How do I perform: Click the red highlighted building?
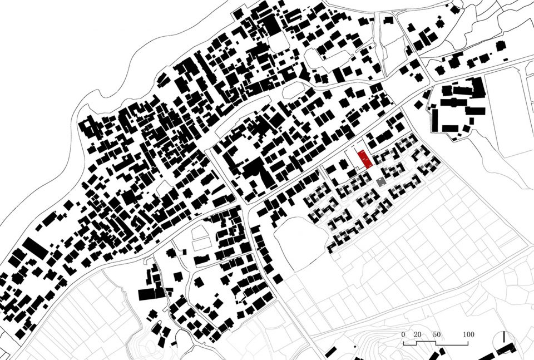tap(364, 159)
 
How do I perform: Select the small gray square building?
tap(381, 182)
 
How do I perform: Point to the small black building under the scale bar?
tap(440, 352)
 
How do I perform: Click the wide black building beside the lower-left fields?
tap(148, 294)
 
